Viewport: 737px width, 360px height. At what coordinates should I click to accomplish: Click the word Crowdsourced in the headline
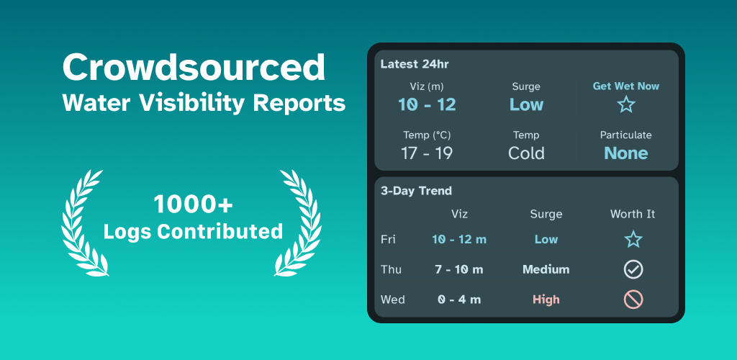pos(193,67)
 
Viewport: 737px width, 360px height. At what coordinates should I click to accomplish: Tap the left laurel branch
pos(82,223)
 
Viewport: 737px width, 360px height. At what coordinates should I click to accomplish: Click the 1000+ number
pos(193,204)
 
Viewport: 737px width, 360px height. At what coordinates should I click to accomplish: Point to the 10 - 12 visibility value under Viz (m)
pos(427,104)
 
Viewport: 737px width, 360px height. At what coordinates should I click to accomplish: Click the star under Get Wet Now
pos(626,104)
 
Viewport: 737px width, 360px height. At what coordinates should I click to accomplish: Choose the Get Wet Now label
pos(626,86)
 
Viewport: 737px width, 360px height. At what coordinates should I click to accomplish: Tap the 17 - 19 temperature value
pos(427,153)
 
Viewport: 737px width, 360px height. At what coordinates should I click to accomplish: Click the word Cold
pos(526,153)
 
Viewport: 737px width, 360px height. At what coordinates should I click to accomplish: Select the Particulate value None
pos(626,153)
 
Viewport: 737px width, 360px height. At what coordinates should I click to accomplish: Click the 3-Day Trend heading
pos(416,191)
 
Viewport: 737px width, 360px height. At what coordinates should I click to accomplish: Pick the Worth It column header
pos(633,215)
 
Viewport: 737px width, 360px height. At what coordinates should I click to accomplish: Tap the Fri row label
pos(388,240)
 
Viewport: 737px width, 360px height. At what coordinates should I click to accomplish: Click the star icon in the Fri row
pos(633,239)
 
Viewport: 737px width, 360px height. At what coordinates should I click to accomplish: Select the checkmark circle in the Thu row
pos(633,269)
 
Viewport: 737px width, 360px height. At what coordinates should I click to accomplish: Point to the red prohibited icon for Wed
pos(633,300)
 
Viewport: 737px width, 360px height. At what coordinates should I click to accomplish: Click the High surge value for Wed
pos(546,300)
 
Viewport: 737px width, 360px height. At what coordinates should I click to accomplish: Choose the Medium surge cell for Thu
pos(546,270)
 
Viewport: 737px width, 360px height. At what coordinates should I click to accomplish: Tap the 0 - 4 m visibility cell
pos(459,300)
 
